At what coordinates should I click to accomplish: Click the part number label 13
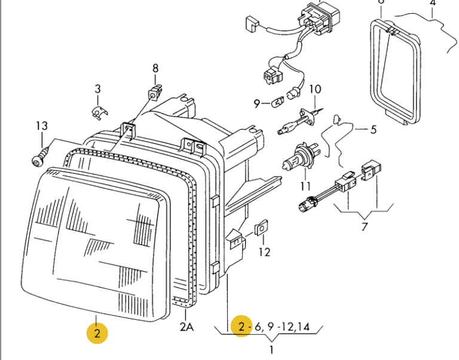(41, 126)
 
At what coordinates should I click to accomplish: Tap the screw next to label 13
(38, 158)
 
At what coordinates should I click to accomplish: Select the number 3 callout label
(97, 90)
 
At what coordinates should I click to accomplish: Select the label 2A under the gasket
(186, 327)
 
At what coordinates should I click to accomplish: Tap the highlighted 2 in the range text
(241, 326)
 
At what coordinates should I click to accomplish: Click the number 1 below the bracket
(271, 350)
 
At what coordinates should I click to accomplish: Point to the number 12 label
(264, 252)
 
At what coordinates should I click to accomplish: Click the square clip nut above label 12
(261, 230)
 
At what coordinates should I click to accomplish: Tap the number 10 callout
(314, 90)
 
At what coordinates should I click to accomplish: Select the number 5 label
(374, 129)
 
